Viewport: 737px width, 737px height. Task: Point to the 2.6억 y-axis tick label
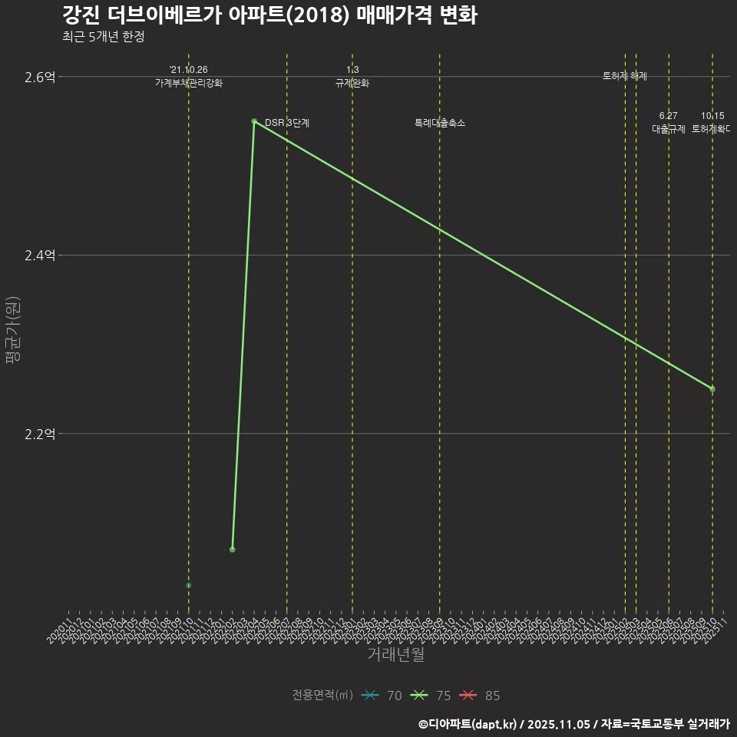40,77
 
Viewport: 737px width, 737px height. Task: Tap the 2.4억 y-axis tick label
40,255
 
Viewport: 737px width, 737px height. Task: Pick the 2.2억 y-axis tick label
40,434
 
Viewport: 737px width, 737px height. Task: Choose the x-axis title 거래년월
395,655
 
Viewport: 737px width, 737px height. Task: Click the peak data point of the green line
254,121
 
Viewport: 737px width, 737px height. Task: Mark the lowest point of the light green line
232,550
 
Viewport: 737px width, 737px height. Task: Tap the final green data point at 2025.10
712,388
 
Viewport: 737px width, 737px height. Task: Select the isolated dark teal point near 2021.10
188,586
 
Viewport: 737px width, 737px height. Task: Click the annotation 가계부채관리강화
188,83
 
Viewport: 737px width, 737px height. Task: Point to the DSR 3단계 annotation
286,123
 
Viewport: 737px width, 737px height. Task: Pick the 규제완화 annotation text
352,83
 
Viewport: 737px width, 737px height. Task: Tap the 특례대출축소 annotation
439,123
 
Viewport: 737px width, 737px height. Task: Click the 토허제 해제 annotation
625,76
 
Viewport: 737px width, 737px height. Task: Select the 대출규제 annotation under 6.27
668,129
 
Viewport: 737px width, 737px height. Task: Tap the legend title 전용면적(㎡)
322,696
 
